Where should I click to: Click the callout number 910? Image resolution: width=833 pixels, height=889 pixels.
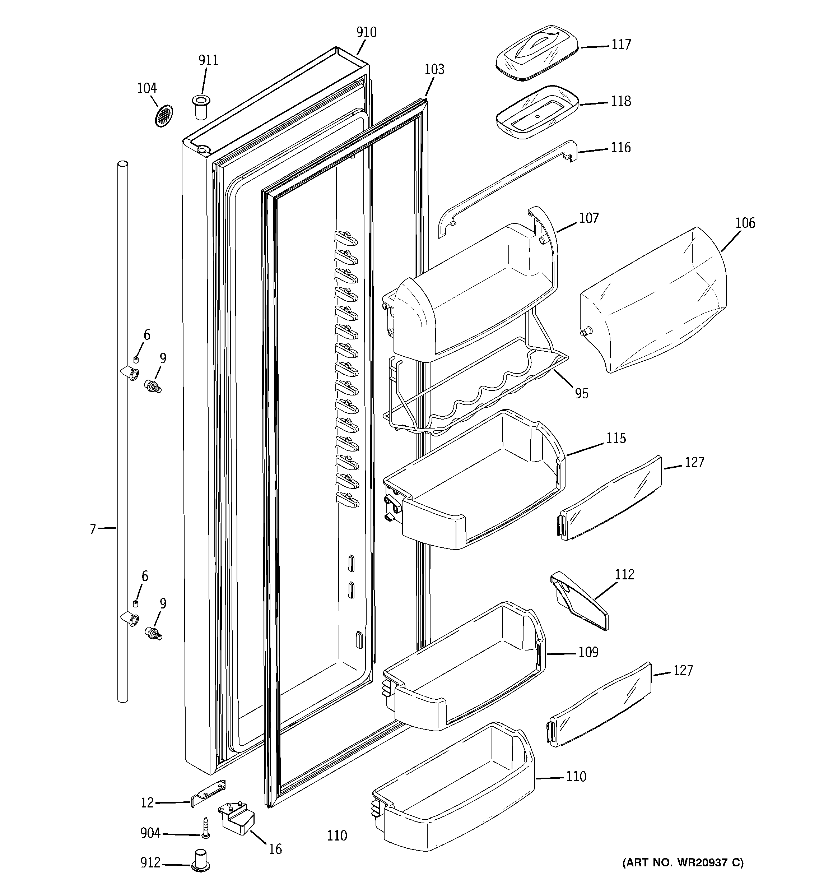coord(366,32)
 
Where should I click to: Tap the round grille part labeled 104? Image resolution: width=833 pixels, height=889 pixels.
coord(164,116)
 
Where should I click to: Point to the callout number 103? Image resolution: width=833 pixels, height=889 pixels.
coord(434,69)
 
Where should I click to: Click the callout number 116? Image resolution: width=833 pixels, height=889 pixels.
coord(620,148)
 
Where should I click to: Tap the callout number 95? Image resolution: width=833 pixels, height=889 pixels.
coord(582,394)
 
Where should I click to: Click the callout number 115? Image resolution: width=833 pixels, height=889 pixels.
coord(616,438)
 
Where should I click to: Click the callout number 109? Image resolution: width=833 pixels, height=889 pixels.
coord(588,652)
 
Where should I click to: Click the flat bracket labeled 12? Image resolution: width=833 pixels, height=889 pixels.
coord(208,793)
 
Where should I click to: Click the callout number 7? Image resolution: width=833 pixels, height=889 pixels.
coord(93,529)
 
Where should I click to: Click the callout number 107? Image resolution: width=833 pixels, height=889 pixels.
coord(588,218)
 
